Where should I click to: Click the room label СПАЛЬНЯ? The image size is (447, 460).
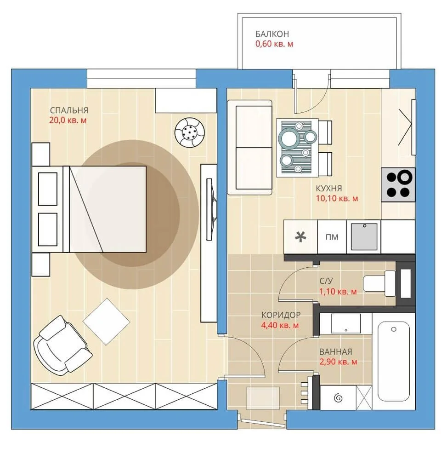pos(69,110)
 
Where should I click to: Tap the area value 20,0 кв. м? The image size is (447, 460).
pos(68,120)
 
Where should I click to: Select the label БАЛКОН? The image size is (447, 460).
pos(272,34)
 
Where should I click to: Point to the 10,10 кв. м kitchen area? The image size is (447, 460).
pos(337,198)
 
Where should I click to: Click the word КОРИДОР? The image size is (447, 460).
pos(281,315)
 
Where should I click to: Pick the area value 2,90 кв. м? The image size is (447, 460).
pos(338,362)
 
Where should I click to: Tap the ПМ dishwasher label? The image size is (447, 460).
pos(332,237)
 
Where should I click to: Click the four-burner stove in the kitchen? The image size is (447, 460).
pos(398,184)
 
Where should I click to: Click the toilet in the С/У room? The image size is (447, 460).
pos(379,283)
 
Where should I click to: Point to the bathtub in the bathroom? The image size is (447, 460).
pos(394,362)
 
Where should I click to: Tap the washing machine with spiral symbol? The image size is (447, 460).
pos(338,398)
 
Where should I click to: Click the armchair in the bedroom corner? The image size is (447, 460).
pos(62,345)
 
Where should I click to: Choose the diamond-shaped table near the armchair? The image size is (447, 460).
pos(106,322)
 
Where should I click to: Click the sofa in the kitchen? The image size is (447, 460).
pos(250,147)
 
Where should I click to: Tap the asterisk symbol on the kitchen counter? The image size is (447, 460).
pos(300,236)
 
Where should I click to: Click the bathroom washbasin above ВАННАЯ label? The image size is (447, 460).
pos(345,323)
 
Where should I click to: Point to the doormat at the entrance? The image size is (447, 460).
pos(263,398)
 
